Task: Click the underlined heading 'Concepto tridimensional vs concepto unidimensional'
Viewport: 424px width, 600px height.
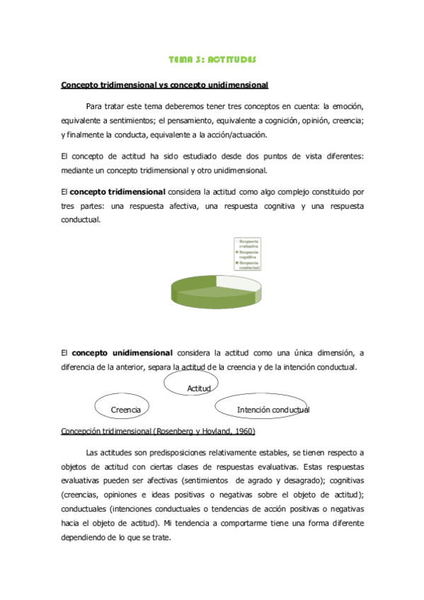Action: tap(165, 86)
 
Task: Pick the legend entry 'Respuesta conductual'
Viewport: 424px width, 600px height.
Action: tap(247, 265)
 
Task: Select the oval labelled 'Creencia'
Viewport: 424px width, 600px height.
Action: tap(127, 408)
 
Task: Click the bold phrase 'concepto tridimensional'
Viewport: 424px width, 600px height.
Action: tap(118, 191)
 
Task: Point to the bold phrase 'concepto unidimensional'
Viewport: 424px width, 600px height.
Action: tap(122, 352)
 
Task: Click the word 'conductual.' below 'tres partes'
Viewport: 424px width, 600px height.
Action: tap(81, 219)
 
